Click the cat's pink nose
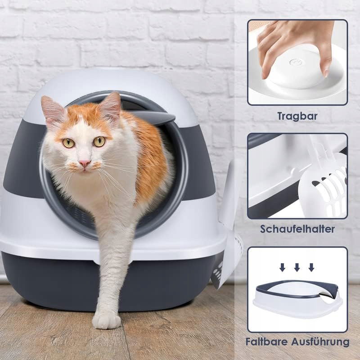(85, 163)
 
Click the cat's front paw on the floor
(106, 320)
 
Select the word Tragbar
(297, 116)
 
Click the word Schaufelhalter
(297, 229)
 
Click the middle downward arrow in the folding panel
(297, 267)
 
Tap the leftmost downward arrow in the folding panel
(283, 267)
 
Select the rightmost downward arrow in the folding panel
(311, 267)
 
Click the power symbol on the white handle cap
(294, 62)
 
